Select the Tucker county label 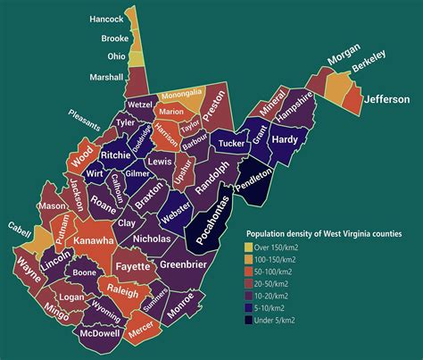230,142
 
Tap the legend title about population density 323,232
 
